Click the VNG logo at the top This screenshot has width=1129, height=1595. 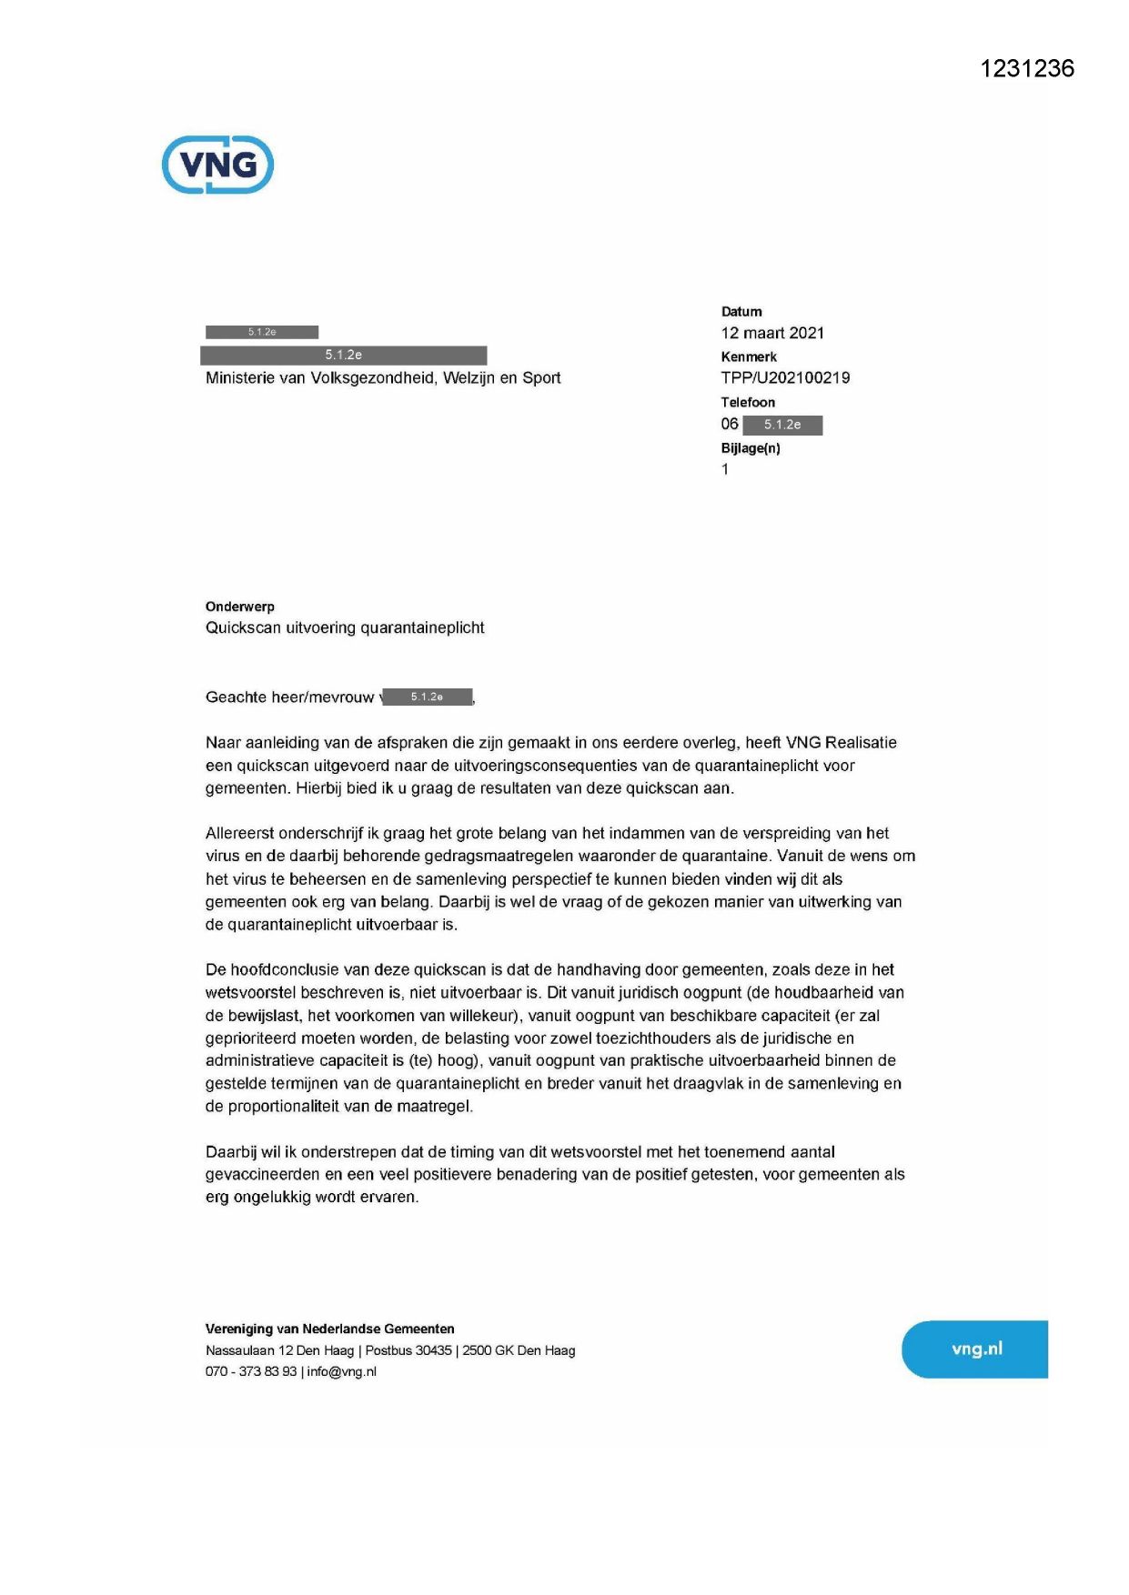pyautogui.click(x=217, y=165)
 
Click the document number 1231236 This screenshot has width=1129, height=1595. pyautogui.click(x=1027, y=69)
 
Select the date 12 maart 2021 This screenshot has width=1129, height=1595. pyautogui.click(x=772, y=333)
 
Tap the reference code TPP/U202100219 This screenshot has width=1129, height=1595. pyautogui.click(x=785, y=377)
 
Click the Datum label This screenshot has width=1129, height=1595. pyautogui.click(x=741, y=312)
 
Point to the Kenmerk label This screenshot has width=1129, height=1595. pyautogui.click(x=749, y=356)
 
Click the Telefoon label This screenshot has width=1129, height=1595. pyautogui.click(x=748, y=402)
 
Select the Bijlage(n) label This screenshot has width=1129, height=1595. pyautogui.click(x=751, y=447)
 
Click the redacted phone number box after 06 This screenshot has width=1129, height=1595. pyautogui.click(x=782, y=425)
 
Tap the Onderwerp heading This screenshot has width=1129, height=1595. pyautogui.click(x=240, y=607)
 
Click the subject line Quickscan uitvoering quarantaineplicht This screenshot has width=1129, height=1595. pyautogui.click(x=345, y=627)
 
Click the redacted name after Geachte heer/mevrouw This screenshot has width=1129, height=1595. pyautogui.click(x=428, y=697)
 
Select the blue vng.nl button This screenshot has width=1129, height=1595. pyautogui.click(x=975, y=1349)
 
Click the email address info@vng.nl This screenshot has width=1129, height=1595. pyautogui.click(x=341, y=1371)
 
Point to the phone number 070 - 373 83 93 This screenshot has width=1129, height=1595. pyautogui.click(x=251, y=1371)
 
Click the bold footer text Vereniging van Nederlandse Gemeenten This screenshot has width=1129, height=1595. pyautogui.click(x=329, y=1329)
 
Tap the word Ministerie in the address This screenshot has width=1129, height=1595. pyautogui.click(x=240, y=377)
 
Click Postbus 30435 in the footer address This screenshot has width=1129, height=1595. pyautogui.click(x=408, y=1350)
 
